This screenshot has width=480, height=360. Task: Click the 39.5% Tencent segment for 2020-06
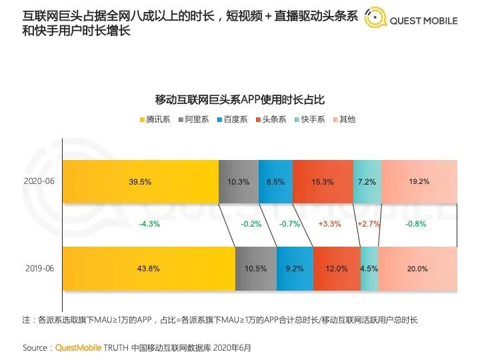139,181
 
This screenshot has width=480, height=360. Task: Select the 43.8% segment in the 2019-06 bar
148,268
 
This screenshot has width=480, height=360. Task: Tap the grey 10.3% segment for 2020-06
238,181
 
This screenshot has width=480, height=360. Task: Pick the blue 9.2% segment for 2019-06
294,268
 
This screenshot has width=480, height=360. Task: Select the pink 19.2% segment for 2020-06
419,181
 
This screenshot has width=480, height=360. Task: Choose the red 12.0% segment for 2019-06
336,268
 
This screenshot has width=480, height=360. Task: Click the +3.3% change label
331,224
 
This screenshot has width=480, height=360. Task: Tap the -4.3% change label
149,224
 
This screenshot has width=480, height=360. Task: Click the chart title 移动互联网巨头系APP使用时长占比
240,100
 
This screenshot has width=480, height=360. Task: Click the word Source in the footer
35,347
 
